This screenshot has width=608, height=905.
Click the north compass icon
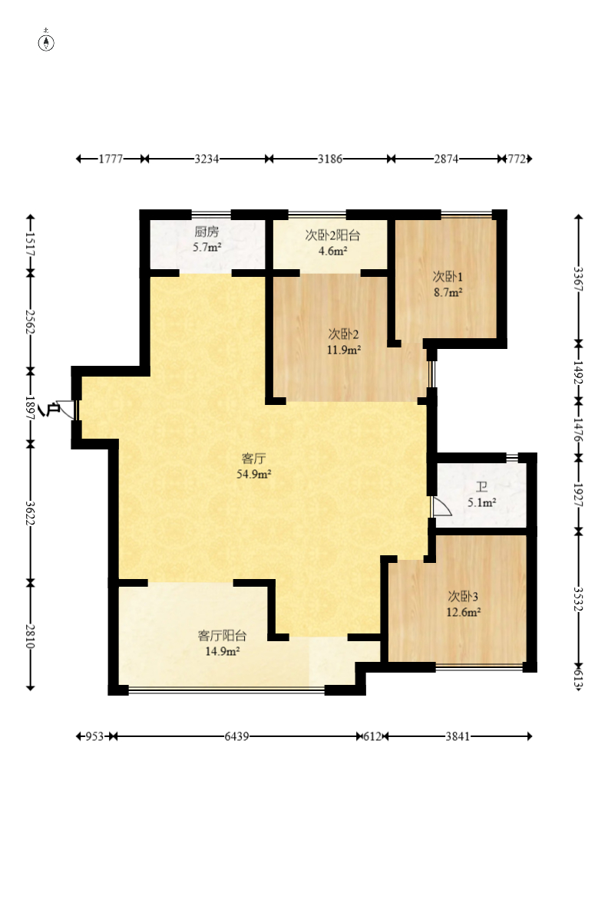click(47, 41)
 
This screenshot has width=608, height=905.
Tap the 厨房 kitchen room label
click(207, 232)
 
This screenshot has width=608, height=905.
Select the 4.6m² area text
click(333, 251)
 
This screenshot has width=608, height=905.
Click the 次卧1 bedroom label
click(448, 276)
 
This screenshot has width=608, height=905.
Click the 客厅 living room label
click(254, 459)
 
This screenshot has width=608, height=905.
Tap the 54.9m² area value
click(254, 475)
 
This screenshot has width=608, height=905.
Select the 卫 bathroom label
click(481, 487)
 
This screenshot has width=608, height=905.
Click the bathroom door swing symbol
click(441, 508)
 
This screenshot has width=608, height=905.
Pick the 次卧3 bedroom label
click(464, 596)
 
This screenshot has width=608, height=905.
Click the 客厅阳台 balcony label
click(223, 635)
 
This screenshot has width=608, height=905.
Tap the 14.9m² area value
click(223, 651)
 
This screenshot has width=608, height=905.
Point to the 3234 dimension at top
click(207, 159)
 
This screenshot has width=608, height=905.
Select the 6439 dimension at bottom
click(237, 736)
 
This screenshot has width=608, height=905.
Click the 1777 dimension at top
click(111, 159)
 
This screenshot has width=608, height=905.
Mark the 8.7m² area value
click(448, 292)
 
